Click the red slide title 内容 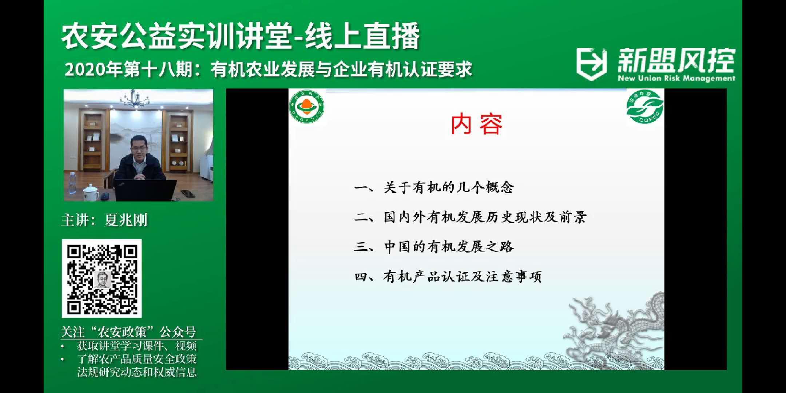pos(477,124)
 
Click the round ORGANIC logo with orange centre pos(307,107)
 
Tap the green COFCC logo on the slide pos(645,107)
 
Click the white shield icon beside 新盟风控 pos(592,64)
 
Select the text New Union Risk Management pos(676,78)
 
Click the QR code pos(102,278)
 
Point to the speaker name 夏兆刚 pos(126,220)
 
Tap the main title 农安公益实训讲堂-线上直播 pos(241,36)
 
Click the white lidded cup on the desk pos(91,193)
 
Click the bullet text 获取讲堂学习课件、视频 pos(137,346)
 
